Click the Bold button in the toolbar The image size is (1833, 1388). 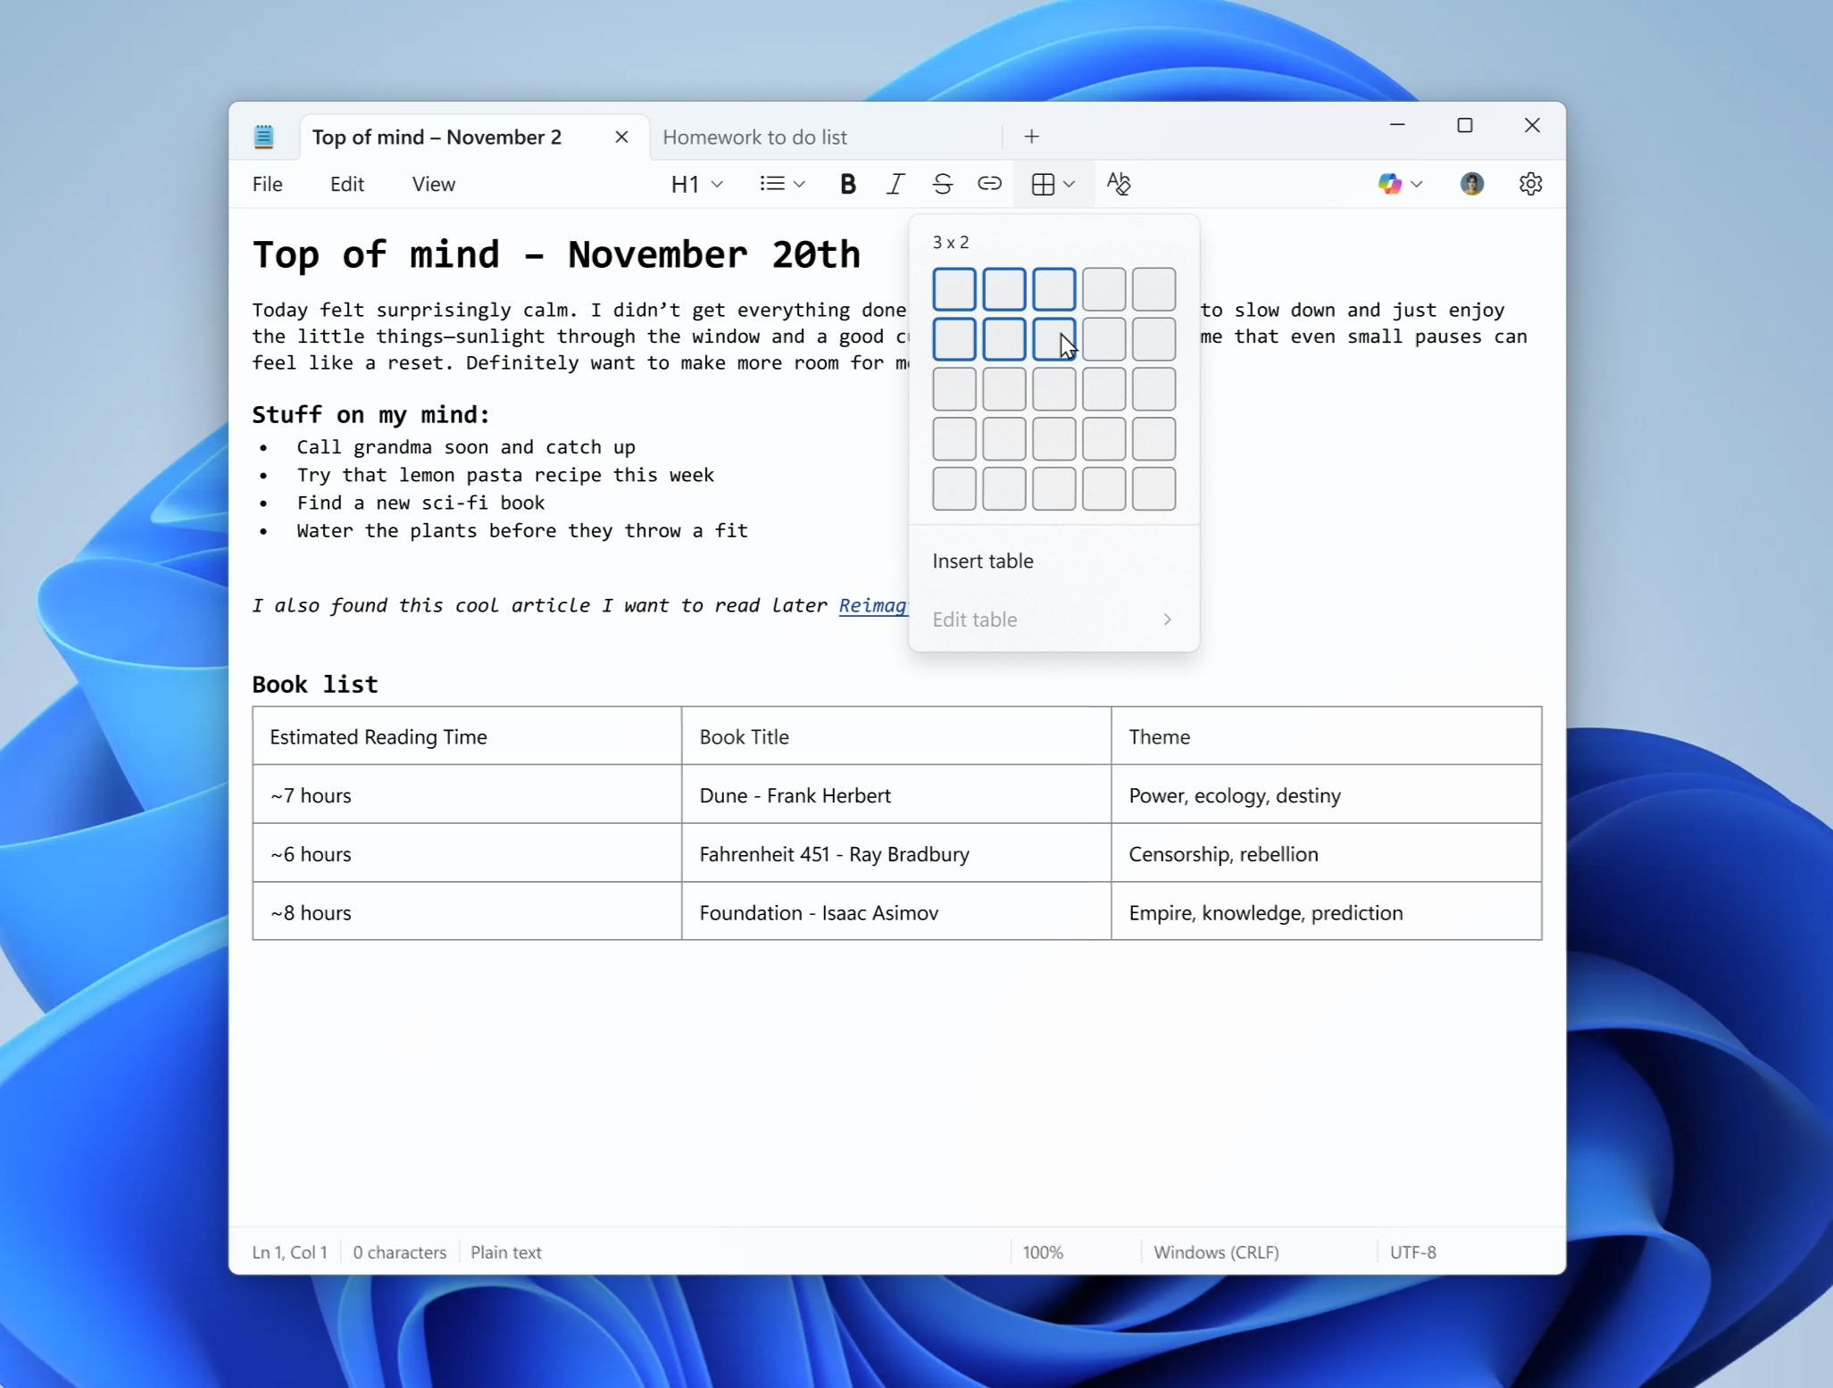(847, 184)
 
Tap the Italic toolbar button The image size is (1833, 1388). (895, 184)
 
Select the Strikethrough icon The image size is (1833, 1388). (942, 184)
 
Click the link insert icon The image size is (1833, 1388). (989, 184)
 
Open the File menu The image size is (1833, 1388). (267, 184)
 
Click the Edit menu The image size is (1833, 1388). (346, 184)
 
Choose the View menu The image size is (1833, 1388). (433, 184)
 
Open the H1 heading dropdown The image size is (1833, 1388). (696, 184)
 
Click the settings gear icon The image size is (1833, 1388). (1530, 184)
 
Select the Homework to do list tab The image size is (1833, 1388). (754, 137)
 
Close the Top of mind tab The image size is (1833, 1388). (621, 137)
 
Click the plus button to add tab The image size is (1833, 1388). (1031, 137)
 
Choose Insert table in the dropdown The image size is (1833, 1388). (983, 561)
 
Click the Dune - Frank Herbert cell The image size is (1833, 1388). (795, 795)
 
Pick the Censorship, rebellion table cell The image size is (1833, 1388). (1223, 854)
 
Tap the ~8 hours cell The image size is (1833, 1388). (311, 912)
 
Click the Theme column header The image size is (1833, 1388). (1159, 736)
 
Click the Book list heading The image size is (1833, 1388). (315, 685)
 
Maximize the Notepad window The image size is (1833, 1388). (1464, 126)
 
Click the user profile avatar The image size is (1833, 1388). (1471, 184)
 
